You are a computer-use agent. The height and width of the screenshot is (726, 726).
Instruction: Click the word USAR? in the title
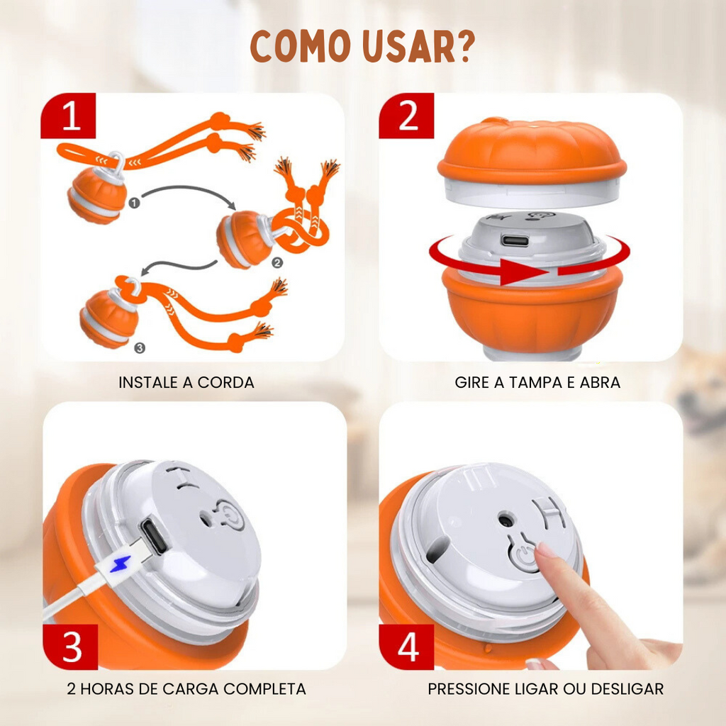[x=419, y=46]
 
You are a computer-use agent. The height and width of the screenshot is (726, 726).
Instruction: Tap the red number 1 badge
[x=68, y=116]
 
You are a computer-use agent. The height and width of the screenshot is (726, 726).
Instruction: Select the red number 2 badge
[x=406, y=116]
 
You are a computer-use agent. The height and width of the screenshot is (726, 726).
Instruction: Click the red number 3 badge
[x=70, y=647]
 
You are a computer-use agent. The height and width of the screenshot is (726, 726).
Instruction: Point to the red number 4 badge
[x=406, y=647]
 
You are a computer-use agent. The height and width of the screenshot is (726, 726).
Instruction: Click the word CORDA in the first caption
[x=226, y=382]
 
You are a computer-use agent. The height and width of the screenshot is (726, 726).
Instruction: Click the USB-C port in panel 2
[x=515, y=241]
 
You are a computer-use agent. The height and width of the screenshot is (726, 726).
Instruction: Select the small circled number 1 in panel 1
[x=134, y=203]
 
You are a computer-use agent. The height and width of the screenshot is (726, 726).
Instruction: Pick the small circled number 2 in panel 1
[x=277, y=263]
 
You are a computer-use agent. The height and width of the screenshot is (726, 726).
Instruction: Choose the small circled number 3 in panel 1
[x=140, y=347]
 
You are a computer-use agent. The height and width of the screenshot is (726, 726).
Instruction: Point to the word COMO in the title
[x=300, y=46]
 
